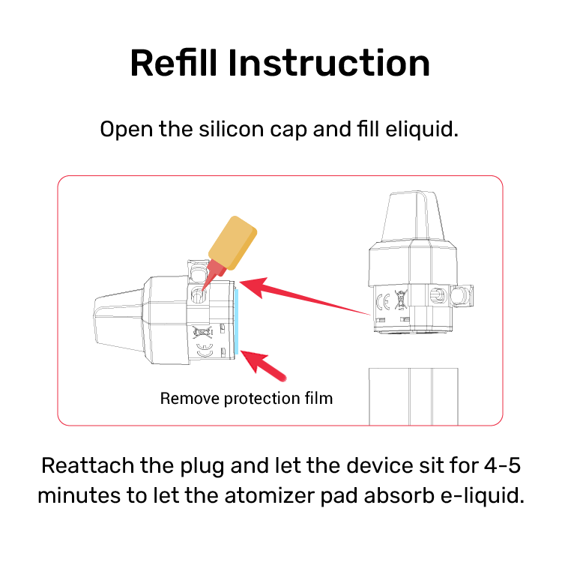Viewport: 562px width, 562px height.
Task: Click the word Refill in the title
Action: (174, 63)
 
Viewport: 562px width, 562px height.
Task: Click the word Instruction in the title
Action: (329, 63)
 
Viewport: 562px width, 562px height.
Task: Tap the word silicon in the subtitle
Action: (232, 129)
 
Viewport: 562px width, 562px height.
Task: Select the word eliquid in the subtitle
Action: (422, 130)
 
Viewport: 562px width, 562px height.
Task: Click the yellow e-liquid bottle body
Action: (232, 243)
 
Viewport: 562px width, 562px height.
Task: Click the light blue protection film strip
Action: (237, 321)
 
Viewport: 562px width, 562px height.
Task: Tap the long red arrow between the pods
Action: (305, 297)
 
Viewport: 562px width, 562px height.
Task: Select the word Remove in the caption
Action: (190, 399)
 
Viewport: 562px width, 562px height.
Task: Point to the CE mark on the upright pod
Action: (383, 302)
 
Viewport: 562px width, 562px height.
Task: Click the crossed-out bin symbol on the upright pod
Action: (401, 300)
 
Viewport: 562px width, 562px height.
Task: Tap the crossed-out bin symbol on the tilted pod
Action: (202, 332)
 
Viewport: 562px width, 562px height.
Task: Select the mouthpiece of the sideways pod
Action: (119, 321)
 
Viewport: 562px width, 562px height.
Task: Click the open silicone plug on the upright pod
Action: (462, 296)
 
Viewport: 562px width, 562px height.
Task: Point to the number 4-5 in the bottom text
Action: (502, 465)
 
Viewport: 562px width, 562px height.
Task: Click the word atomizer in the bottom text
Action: (269, 496)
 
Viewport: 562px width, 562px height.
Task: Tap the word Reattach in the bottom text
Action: (88, 465)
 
